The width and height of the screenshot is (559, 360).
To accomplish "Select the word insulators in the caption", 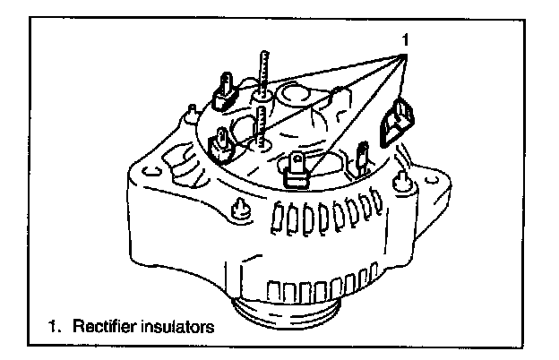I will pos(179,327).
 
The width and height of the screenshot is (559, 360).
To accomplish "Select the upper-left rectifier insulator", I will pos(223,90).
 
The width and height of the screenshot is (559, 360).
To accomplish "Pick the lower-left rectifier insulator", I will pos(220,143).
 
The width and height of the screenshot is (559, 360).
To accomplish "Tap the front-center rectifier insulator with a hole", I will pos(299,170).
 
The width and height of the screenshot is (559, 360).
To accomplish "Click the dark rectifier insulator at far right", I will pos(395,123).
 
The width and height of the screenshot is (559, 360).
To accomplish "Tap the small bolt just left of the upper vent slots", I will pos(240,208).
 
